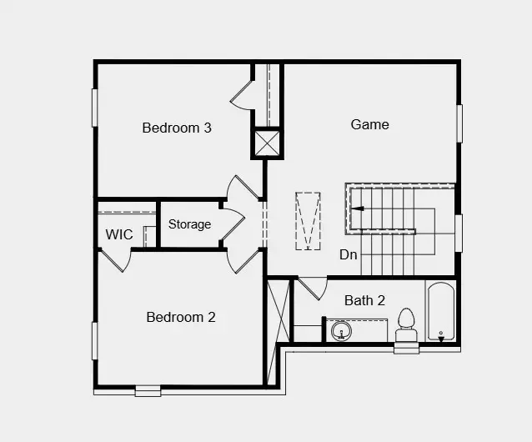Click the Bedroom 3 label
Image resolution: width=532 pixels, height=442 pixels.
[176, 128]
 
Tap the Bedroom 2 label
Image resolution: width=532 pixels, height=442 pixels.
[181, 317]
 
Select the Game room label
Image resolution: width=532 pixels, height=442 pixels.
[369, 124]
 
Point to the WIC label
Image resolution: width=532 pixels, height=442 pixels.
[119, 234]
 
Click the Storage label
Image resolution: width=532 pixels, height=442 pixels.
[189, 224]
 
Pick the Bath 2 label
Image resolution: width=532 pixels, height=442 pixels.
[364, 300]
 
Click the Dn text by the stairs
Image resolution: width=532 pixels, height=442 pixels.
[349, 254]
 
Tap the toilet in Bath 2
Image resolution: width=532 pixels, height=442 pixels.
[406, 324]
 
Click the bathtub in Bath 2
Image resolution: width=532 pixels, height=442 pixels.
[441, 313]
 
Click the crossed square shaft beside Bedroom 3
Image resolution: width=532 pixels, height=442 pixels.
[267, 143]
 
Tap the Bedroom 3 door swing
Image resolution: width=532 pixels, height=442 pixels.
[242, 95]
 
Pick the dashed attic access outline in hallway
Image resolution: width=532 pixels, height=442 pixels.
[308, 221]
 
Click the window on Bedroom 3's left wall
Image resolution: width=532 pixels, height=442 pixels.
[95, 108]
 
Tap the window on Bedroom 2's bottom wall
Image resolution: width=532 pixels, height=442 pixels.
[148, 389]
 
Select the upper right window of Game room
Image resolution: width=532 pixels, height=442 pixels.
[459, 123]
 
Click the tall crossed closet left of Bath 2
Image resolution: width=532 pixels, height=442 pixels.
[278, 331]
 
